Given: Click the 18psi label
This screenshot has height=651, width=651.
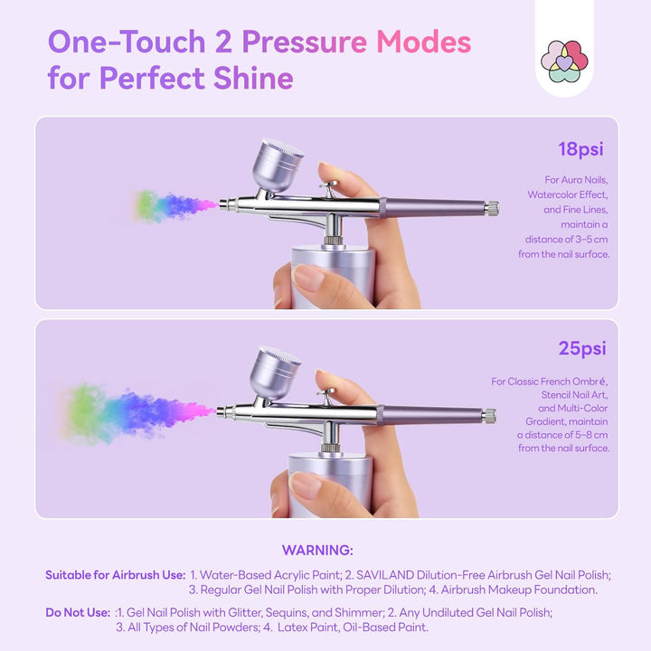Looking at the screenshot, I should pyautogui.click(x=581, y=149).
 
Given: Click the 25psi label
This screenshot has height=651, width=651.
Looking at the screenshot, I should pyautogui.click(x=581, y=348).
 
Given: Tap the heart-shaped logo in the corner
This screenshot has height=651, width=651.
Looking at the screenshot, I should pyautogui.click(x=564, y=61).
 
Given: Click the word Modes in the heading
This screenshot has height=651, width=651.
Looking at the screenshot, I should pyautogui.click(x=423, y=42).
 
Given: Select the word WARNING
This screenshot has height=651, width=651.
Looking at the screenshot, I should pyautogui.click(x=317, y=550).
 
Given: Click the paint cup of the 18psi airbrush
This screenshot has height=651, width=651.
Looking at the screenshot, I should pyautogui.click(x=279, y=164).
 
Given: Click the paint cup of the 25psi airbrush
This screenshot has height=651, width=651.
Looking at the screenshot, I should pyautogui.click(x=276, y=371).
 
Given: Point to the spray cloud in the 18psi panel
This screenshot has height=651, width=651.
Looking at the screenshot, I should pyautogui.click(x=172, y=205).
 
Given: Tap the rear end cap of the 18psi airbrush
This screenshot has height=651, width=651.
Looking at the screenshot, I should pyautogui.click(x=491, y=209).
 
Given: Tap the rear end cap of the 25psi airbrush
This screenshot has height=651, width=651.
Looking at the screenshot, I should pyautogui.click(x=488, y=416).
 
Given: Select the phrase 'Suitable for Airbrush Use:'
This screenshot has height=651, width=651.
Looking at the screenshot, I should pyautogui.click(x=116, y=575).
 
